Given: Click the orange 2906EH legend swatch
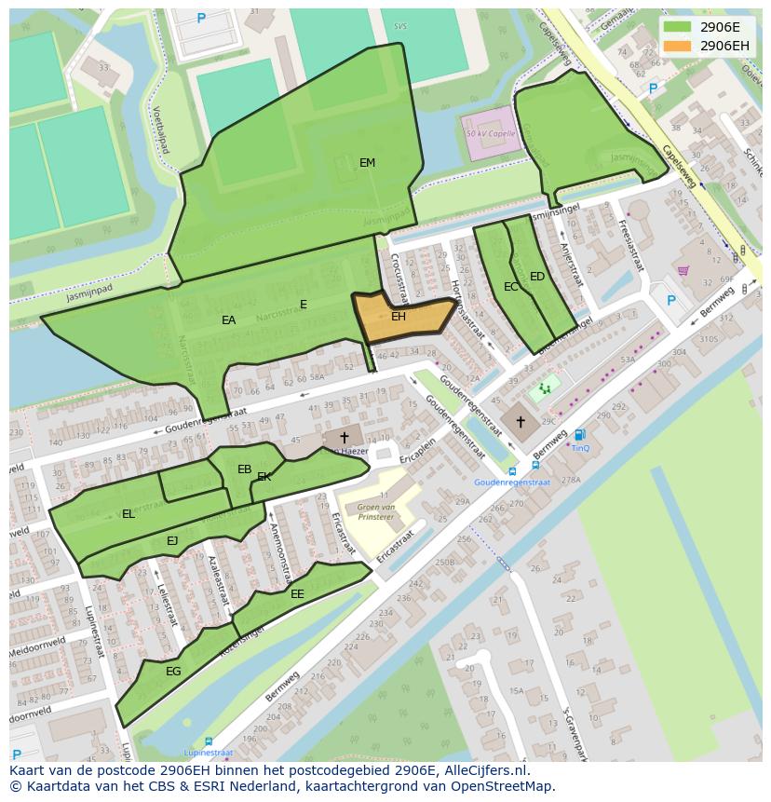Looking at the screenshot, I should pyautogui.click(x=677, y=46).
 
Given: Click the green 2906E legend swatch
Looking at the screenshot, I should pyautogui.click(x=677, y=27).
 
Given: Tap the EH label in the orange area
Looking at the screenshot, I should pyautogui.click(x=398, y=317).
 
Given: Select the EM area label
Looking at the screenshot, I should pyautogui.click(x=367, y=163).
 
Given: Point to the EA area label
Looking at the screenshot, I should pyautogui.click(x=228, y=320).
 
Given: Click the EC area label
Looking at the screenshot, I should pyautogui.click(x=510, y=287).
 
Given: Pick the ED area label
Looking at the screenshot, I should pyautogui.click(x=536, y=277).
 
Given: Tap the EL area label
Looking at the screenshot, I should pyautogui.click(x=128, y=514).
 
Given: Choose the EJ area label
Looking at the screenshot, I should pyautogui.click(x=172, y=541).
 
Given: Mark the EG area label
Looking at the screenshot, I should pyautogui.click(x=173, y=672).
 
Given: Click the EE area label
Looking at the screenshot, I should pyautogui.click(x=297, y=594).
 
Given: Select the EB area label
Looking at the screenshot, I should pyautogui.click(x=244, y=469).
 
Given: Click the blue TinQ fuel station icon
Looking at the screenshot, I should pyautogui.click(x=579, y=435).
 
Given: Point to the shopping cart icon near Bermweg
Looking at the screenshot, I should pyautogui.click(x=683, y=271).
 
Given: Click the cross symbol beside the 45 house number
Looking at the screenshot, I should pyautogui.click(x=344, y=437).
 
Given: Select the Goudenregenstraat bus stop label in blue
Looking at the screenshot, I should pyautogui.click(x=511, y=483).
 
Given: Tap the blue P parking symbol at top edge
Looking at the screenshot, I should pyautogui.click(x=201, y=19).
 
